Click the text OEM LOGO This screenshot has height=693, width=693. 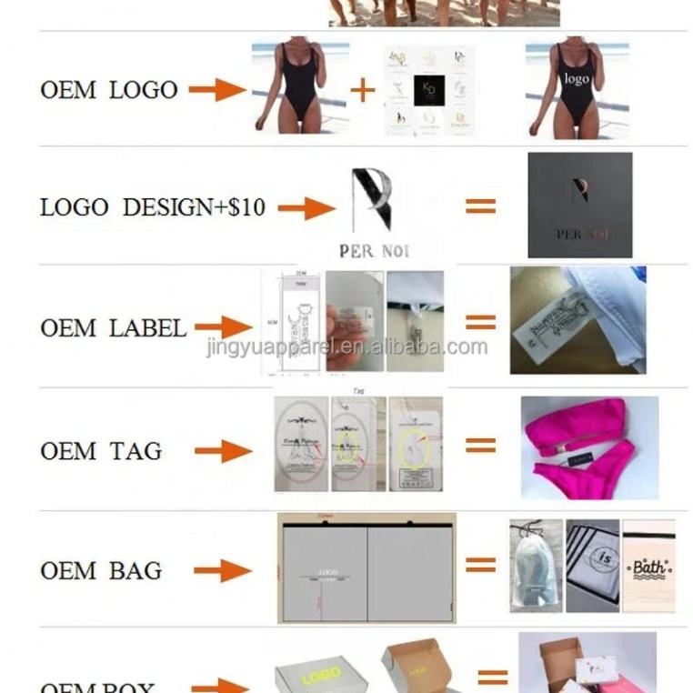[x=108, y=90]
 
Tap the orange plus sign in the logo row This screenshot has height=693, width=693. [x=362, y=90]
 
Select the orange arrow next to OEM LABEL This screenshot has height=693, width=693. [x=223, y=326]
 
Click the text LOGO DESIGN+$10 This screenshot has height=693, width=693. [x=153, y=207]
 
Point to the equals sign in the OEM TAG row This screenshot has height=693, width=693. [x=480, y=446]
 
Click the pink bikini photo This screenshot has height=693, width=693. [x=588, y=447]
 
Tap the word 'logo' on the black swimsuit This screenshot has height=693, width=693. [x=577, y=79]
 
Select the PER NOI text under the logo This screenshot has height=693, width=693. [x=374, y=250]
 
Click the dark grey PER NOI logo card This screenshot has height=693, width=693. [x=579, y=205]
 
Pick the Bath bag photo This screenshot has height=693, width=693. [x=648, y=565]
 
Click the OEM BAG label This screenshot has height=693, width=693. [x=101, y=571]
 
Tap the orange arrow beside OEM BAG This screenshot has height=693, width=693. [x=223, y=571]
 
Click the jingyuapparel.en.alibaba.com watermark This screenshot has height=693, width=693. [x=346, y=346]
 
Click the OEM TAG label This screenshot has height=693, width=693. [x=101, y=450]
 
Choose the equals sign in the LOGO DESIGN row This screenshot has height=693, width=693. [x=480, y=206]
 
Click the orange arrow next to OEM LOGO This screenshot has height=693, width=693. [x=217, y=90]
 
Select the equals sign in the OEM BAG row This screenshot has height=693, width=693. [x=480, y=566]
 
